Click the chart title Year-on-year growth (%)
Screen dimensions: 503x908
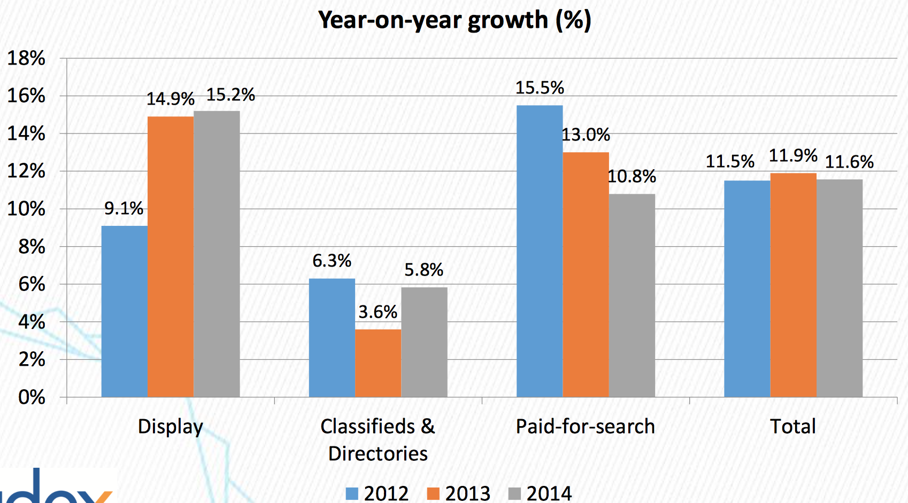click(455, 20)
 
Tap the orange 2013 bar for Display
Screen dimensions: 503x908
click(171, 256)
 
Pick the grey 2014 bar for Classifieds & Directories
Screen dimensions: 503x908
click(424, 342)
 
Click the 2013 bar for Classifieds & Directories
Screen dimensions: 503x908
click(378, 363)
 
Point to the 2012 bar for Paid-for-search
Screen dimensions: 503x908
click(540, 251)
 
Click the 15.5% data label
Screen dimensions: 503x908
click(540, 88)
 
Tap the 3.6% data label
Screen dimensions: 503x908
click(378, 312)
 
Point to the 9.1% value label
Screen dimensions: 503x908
click(124, 208)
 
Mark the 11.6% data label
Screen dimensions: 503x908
click(849, 162)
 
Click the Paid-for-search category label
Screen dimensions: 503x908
click(585, 427)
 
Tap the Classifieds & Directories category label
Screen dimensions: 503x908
click(378, 439)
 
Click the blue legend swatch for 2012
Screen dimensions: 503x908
click(352, 493)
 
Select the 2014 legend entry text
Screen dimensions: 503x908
click(549, 493)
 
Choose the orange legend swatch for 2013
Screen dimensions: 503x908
click(433, 493)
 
